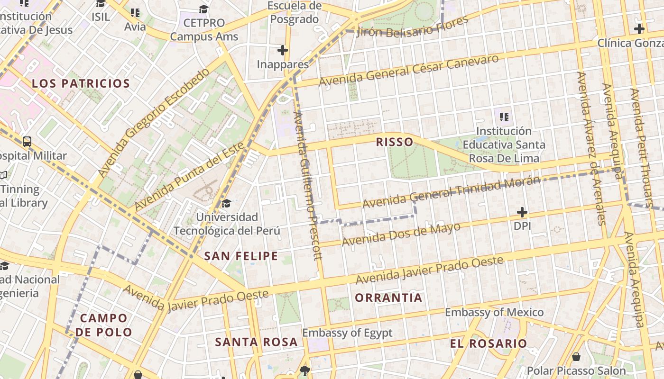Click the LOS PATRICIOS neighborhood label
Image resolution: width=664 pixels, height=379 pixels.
pyautogui.click(x=81, y=84)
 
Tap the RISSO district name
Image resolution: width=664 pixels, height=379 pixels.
pyautogui.click(x=394, y=142)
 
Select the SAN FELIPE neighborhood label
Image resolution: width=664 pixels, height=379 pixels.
pyautogui.click(x=241, y=256)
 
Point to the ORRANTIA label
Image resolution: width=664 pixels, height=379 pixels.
pyautogui.click(x=388, y=298)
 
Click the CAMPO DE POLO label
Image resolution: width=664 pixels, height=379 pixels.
pyautogui.click(x=103, y=325)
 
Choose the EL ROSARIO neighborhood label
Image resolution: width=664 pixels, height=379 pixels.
pyautogui.click(x=489, y=343)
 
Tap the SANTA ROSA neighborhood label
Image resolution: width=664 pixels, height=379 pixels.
pyautogui.click(x=256, y=342)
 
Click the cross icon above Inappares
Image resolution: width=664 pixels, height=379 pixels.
pyautogui.click(x=283, y=50)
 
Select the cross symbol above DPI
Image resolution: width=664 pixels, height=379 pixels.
pyautogui.click(x=522, y=212)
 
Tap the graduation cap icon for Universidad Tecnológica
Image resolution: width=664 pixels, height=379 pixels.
pyautogui.click(x=227, y=204)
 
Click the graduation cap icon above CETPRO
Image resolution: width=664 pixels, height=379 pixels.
pyautogui.click(x=203, y=9)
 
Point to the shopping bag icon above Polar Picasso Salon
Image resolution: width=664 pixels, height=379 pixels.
pyautogui.click(x=576, y=357)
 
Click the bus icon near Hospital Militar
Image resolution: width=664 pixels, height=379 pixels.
pyautogui.click(x=27, y=141)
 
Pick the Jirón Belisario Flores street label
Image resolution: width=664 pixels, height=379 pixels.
pyautogui.click(x=412, y=27)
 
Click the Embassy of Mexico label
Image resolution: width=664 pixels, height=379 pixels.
pyautogui.click(x=494, y=312)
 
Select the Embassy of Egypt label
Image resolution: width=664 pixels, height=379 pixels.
pyautogui.click(x=347, y=333)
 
